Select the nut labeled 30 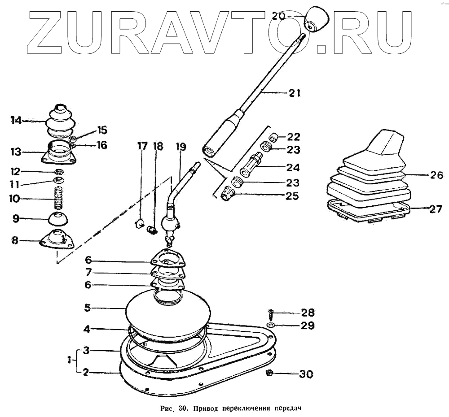(x=270, y=373)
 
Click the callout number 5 (x=88, y=308)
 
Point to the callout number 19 (x=180, y=146)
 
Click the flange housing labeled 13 (x=59, y=152)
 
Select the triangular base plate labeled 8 (x=57, y=238)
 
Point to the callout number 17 (x=142, y=146)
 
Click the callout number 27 (x=436, y=209)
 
